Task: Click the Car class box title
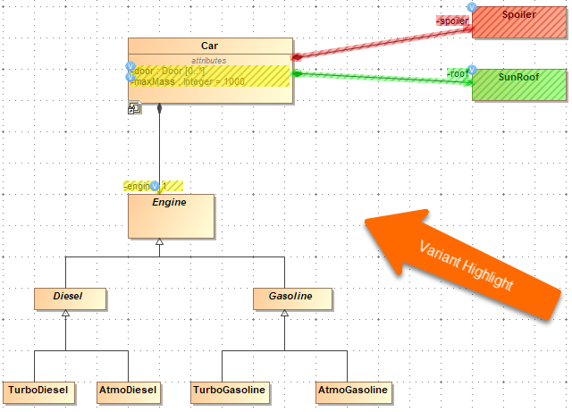[x=210, y=46]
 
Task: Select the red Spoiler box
[x=519, y=22]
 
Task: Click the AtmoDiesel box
[x=128, y=391]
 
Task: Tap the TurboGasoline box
[x=230, y=391]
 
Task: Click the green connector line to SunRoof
[x=384, y=78]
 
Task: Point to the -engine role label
[x=137, y=186]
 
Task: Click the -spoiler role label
[x=452, y=20]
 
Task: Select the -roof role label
[x=457, y=73]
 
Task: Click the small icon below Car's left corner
[x=134, y=109]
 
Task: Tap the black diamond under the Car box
[x=160, y=109]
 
